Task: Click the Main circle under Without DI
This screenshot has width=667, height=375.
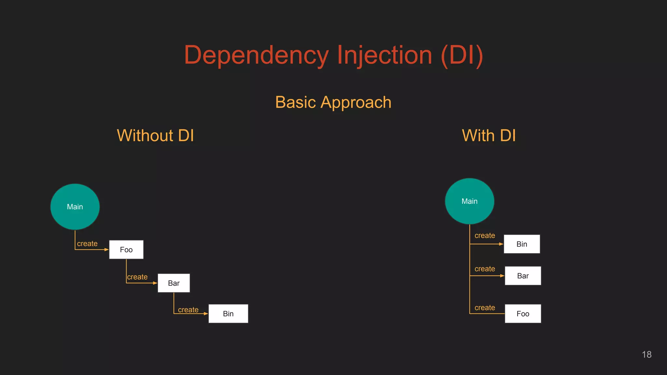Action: tap(75, 207)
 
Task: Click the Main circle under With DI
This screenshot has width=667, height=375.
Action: tap(469, 201)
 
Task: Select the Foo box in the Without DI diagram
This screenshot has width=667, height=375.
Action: tap(126, 250)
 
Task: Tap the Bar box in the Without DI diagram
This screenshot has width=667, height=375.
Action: tap(174, 283)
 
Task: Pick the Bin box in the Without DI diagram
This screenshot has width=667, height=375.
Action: tap(228, 314)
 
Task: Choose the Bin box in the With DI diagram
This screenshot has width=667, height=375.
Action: tap(521, 244)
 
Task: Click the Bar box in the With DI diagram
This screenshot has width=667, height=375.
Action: tap(523, 276)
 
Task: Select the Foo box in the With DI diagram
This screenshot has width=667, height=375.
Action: tap(523, 314)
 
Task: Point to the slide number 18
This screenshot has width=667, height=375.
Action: tap(646, 354)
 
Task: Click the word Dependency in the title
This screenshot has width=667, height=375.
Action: tap(256, 55)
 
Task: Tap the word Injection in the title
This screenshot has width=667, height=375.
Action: tap(384, 55)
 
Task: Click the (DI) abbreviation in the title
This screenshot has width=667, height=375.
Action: tap(462, 55)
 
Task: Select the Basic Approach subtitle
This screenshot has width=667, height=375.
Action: tap(333, 102)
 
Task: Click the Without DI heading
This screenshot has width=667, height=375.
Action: tap(155, 135)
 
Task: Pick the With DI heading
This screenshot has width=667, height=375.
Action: tap(489, 135)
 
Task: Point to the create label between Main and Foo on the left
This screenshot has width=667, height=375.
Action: tap(87, 243)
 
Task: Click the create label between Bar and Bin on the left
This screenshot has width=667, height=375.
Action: tap(188, 310)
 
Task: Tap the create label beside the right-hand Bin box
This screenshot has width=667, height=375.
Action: tap(485, 235)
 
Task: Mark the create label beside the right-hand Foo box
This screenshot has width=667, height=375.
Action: tap(485, 308)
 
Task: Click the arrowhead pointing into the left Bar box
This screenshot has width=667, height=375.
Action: tap(155, 283)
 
